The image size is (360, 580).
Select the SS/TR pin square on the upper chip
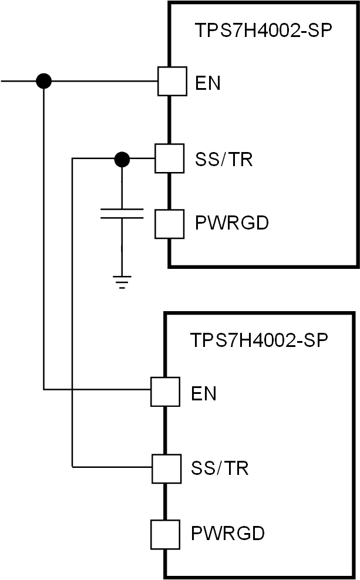[x=169, y=159]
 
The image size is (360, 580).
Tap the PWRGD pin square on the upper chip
[x=169, y=224]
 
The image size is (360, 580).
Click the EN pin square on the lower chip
[x=166, y=392]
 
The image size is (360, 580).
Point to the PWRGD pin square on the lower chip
[x=166, y=534]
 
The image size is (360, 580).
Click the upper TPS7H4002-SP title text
[x=264, y=30]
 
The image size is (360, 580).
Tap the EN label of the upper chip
[x=208, y=83]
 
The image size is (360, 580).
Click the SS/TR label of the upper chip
[x=223, y=159]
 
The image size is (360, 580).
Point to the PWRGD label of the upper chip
[x=231, y=224]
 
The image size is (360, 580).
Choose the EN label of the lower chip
[x=204, y=393]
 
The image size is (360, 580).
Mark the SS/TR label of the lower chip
[x=220, y=468]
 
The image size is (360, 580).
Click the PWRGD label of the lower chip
[x=228, y=534]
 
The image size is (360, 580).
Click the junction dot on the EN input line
[x=44, y=81]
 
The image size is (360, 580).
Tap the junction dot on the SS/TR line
[x=122, y=159]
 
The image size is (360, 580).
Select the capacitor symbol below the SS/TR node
[x=122, y=213]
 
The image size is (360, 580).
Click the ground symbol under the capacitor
[x=122, y=283]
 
